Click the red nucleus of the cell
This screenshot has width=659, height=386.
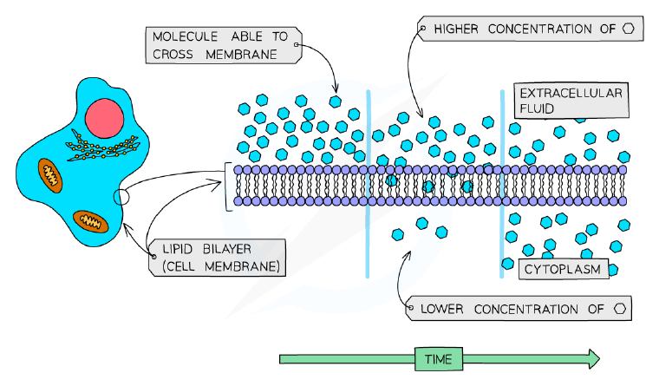pyautogui.click(x=104, y=118)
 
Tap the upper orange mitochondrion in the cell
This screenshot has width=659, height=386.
pyautogui.click(x=50, y=176)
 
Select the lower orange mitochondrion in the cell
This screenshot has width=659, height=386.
pyautogui.click(x=91, y=221)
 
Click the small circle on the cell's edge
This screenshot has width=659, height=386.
pyautogui.click(x=121, y=197)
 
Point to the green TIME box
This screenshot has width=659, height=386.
pyautogui.click(x=439, y=359)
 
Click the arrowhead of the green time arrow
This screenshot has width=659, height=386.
pyautogui.click(x=594, y=358)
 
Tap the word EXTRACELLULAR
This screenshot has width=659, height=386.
pyautogui.click(x=571, y=93)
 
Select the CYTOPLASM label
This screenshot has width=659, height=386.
pyautogui.click(x=563, y=269)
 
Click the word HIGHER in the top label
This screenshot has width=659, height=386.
pyautogui.click(x=456, y=29)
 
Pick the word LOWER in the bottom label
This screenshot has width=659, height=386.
pyautogui.click(x=441, y=309)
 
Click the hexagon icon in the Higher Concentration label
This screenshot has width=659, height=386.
pyautogui.click(x=629, y=29)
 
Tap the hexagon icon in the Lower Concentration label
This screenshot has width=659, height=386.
pyautogui.click(x=620, y=309)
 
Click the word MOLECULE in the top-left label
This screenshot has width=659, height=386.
pyautogui.click(x=185, y=36)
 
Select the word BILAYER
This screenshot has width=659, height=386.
pyautogui.click(x=227, y=249)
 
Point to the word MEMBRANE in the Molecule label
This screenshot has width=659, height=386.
pyautogui.click(x=241, y=55)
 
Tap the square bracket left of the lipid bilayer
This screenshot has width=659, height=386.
pyautogui.click(x=228, y=186)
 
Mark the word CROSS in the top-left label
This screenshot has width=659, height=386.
pyautogui.click(x=173, y=55)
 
